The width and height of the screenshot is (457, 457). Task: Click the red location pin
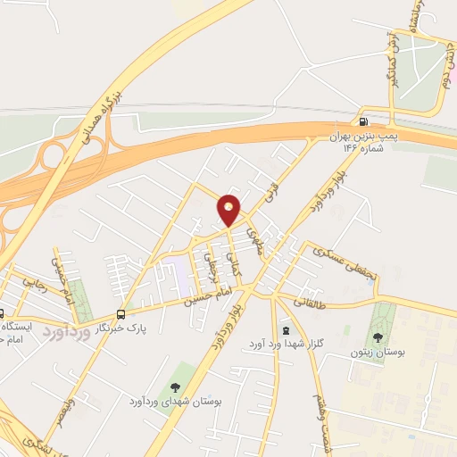pos(229,210)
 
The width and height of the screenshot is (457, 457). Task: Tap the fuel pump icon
pos(362,122)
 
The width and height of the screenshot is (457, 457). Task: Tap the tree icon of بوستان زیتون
pos(378,337)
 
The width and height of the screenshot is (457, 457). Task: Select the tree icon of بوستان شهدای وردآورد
pos(174,386)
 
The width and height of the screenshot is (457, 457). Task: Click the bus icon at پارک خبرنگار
pos(120,313)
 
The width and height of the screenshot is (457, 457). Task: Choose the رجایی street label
pos(34,285)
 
